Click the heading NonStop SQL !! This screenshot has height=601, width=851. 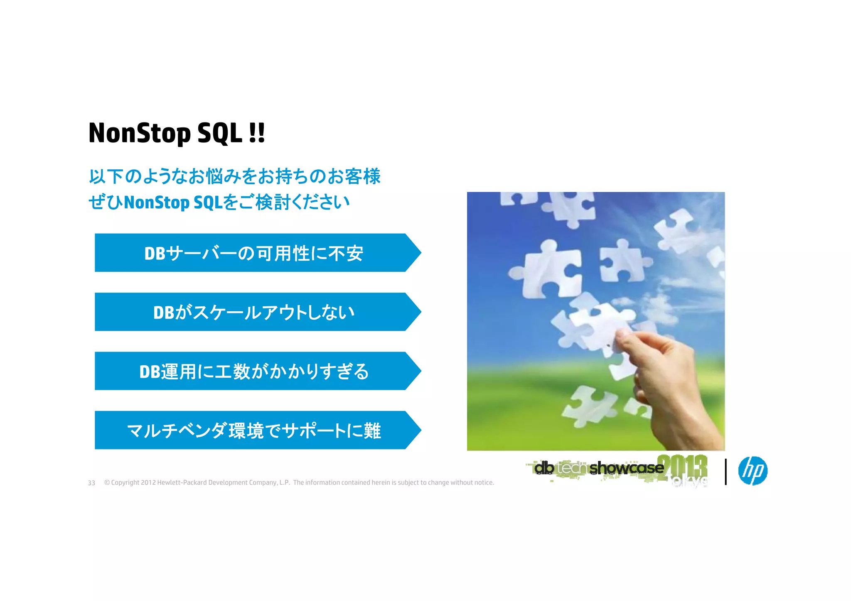point(177,133)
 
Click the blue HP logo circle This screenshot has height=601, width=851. point(753,471)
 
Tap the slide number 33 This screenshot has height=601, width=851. point(91,483)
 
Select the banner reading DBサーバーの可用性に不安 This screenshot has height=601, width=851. point(253,253)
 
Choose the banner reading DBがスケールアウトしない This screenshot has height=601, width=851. point(253,312)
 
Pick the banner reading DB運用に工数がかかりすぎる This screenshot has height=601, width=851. point(253,371)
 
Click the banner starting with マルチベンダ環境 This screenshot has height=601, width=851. point(253,430)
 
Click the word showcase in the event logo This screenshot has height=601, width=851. point(626,468)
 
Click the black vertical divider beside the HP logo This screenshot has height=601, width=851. point(726,472)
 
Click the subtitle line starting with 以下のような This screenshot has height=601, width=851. point(235,176)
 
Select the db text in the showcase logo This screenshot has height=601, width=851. point(544,468)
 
